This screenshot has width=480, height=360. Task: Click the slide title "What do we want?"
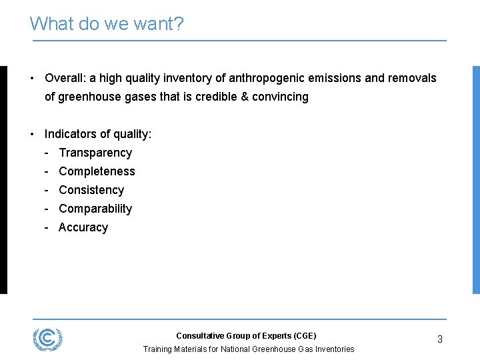point(107,24)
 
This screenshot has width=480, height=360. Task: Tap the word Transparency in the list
point(95,153)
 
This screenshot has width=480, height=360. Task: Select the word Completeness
point(97,171)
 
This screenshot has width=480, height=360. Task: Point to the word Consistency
point(91,190)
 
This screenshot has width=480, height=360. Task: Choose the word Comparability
point(95,209)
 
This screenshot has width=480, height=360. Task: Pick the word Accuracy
point(83,227)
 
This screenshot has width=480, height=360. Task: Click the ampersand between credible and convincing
point(245,97)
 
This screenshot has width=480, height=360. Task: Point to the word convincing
point(280,97)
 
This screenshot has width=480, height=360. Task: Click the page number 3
point(440,339)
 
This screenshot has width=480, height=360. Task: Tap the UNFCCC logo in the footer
point(48,339)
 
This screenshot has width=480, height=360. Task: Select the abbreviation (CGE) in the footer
point(303,336)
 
